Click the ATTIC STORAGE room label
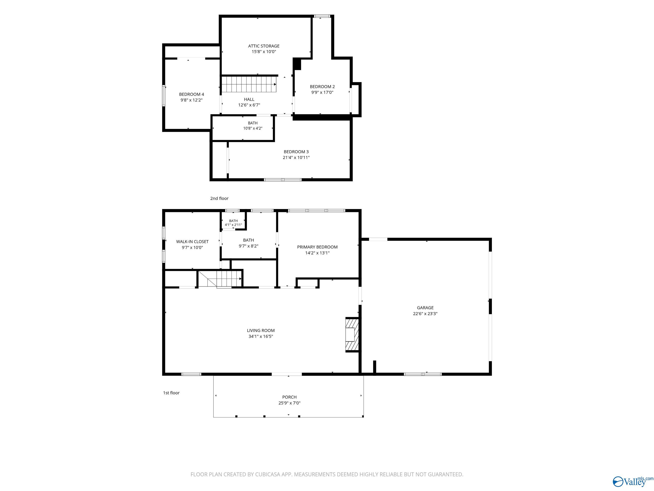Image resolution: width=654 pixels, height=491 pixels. (264, 46)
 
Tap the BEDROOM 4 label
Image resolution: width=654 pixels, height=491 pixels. (192, 94)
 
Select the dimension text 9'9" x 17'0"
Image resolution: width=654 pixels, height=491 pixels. (322, 92)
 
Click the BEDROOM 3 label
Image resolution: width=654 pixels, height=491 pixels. (296, 152)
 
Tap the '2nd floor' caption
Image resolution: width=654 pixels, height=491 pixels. (219, 198)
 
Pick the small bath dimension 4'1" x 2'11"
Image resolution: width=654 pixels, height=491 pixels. (233, 225)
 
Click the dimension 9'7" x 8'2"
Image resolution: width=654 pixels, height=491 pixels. (249, 246)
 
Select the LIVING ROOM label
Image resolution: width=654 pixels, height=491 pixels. (261, 331)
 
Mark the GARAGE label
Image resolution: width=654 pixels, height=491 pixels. (425, 308)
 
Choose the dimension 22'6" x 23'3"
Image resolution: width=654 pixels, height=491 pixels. (425, 314)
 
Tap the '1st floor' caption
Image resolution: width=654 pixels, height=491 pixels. (171, 393)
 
